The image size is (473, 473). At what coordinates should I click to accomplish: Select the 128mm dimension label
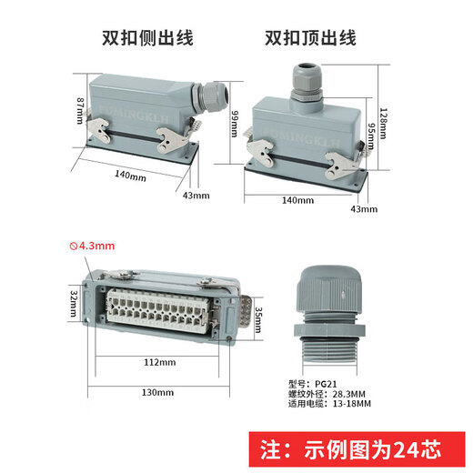pyautogui.click(x=384, y=124)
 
